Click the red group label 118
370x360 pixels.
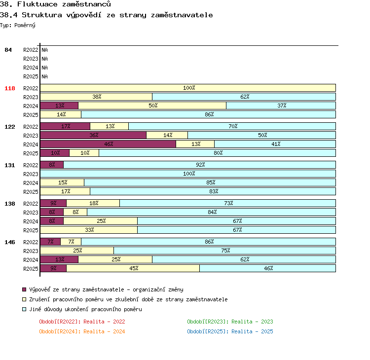point(10,88)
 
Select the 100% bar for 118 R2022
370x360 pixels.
point(188,88)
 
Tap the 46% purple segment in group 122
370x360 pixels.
point(108,144)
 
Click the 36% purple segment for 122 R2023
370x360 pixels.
point(93,135)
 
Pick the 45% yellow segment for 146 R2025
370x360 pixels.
point(133,268)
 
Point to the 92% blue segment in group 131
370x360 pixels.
point(200,165)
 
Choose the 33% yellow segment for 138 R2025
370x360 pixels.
point(89,230)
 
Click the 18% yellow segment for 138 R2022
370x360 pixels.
point(93,203)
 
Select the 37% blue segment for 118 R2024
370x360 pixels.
point(281,106)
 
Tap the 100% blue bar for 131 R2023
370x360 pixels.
point(188,174)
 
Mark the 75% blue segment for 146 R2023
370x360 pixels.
point(224,251)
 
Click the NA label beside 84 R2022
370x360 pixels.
point(44,50)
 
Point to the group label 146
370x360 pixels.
point(10,242)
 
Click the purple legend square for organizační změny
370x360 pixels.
point(24,289)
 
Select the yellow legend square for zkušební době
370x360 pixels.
point(24,299)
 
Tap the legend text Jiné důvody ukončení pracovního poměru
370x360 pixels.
point(86,309)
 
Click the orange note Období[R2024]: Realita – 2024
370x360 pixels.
point(82,331)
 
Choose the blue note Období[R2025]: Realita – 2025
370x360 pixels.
point(230,331)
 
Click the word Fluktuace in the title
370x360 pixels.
point(37,4)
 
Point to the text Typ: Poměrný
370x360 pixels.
point(18,25)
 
